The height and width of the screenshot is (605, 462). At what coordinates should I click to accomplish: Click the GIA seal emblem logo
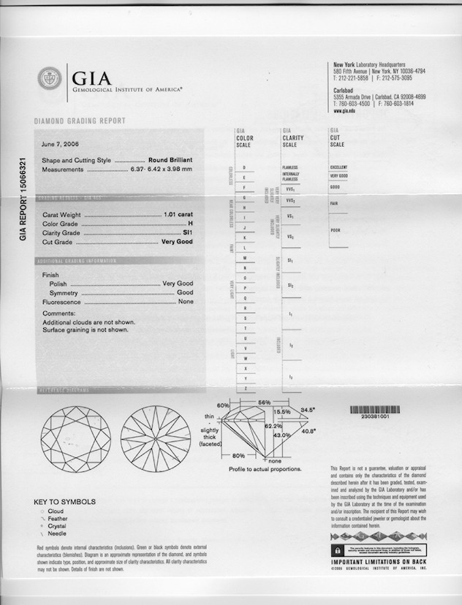pyautogui.click(x=50, y=78)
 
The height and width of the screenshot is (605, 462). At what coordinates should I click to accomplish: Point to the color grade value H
pyautogui.click(x=190, y=224)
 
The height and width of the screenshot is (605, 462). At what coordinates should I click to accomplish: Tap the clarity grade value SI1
pyautogui.click(x=188, y=232)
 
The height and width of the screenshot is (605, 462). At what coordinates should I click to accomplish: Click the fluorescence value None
pyautogui.click(x=186, y=301)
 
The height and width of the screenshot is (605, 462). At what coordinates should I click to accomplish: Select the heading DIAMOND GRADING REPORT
pyautogui.click(x=80, y=121)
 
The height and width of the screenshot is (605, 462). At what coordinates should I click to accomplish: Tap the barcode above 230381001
pyautogui.click(x=375, y=411)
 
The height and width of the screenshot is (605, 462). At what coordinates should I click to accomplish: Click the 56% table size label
pyautogui.click(x=264, y=403)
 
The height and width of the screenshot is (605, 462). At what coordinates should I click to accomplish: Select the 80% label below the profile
pyautogui.click(x=238, y=455)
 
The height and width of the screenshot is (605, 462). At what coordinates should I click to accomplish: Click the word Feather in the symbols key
pyautogui.click(x=57, y=518)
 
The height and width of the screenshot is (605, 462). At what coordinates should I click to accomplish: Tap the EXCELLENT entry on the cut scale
pyautogui.click(x=338, y=167)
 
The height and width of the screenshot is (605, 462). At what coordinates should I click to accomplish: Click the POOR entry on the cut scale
pyautogui.click(x=336, y=230)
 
